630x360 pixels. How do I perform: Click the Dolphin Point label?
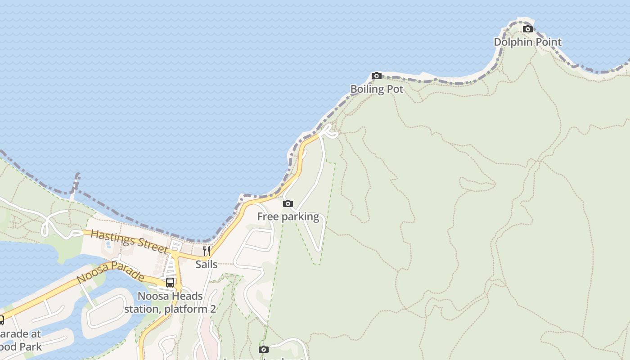(x=527, y=42)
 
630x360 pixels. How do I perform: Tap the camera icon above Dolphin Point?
(x=527, y=29)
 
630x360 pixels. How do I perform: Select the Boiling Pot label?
(x=377, y=89)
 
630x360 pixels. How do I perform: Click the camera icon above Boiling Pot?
(x=377, y=76)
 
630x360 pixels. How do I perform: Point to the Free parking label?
(x=288, y=216)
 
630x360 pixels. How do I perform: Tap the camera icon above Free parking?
(x=288, y=204)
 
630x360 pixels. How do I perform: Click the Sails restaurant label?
(x=207, y=264)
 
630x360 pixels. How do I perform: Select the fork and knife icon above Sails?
(x=207, y=251)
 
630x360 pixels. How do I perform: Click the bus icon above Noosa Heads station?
(x=170, y=283)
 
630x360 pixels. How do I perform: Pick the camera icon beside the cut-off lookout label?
(x=264, y=349)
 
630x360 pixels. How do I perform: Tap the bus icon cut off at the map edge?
(x=1, y=320)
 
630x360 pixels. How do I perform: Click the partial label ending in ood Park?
(x=21, y=346)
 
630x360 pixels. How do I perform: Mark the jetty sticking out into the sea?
(x=75, y=184)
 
